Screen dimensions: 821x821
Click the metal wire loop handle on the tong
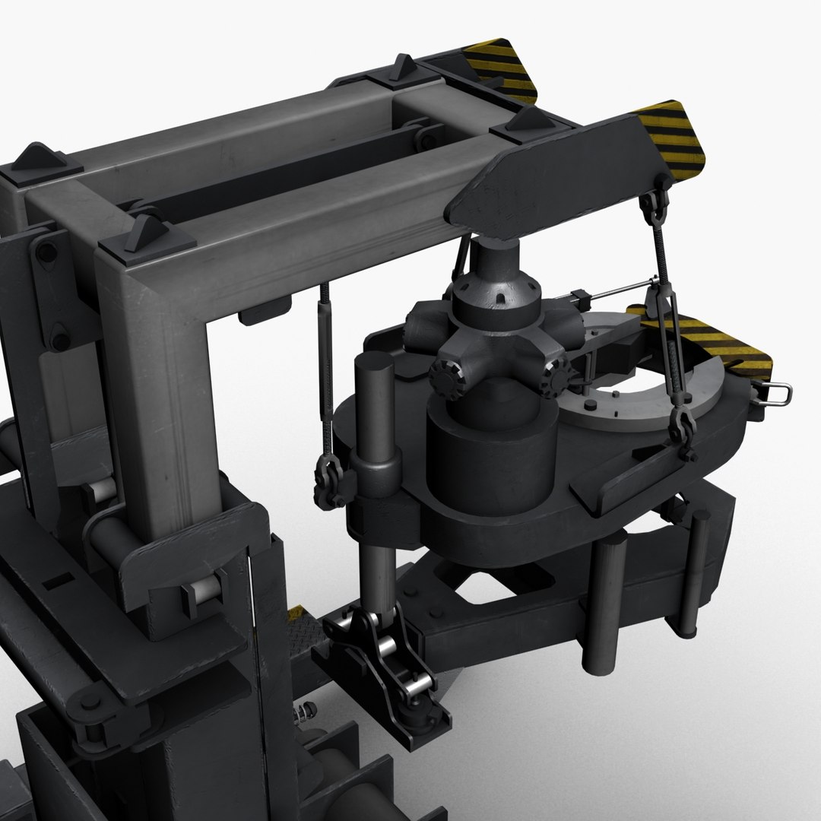pos(777,393)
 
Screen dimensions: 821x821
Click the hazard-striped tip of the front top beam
pos(672,137)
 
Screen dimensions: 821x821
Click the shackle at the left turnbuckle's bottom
pos(329,483)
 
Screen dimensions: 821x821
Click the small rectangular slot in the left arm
pos(55,584)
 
